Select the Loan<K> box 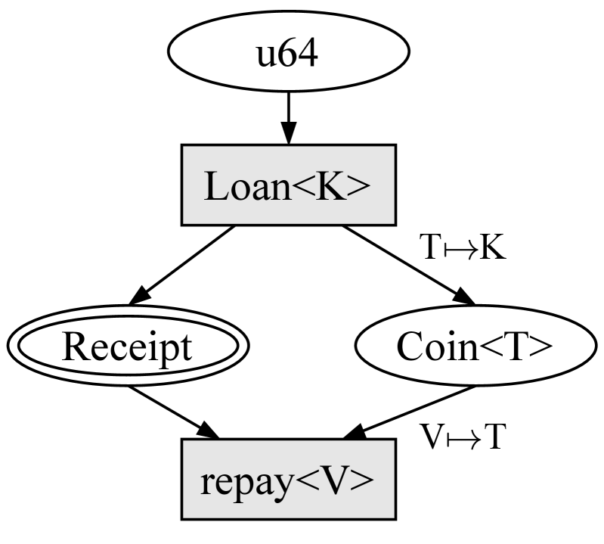pyautogui.click(x=287, y=185)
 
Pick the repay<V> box pyautogui.click(x=287, y=481)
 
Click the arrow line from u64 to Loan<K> pyautogui.click(x=287, y=110)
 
